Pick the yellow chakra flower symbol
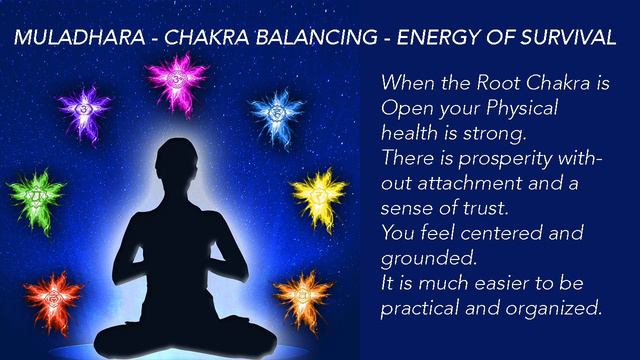[x=318, y=190]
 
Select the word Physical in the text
[x=511, y=107]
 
